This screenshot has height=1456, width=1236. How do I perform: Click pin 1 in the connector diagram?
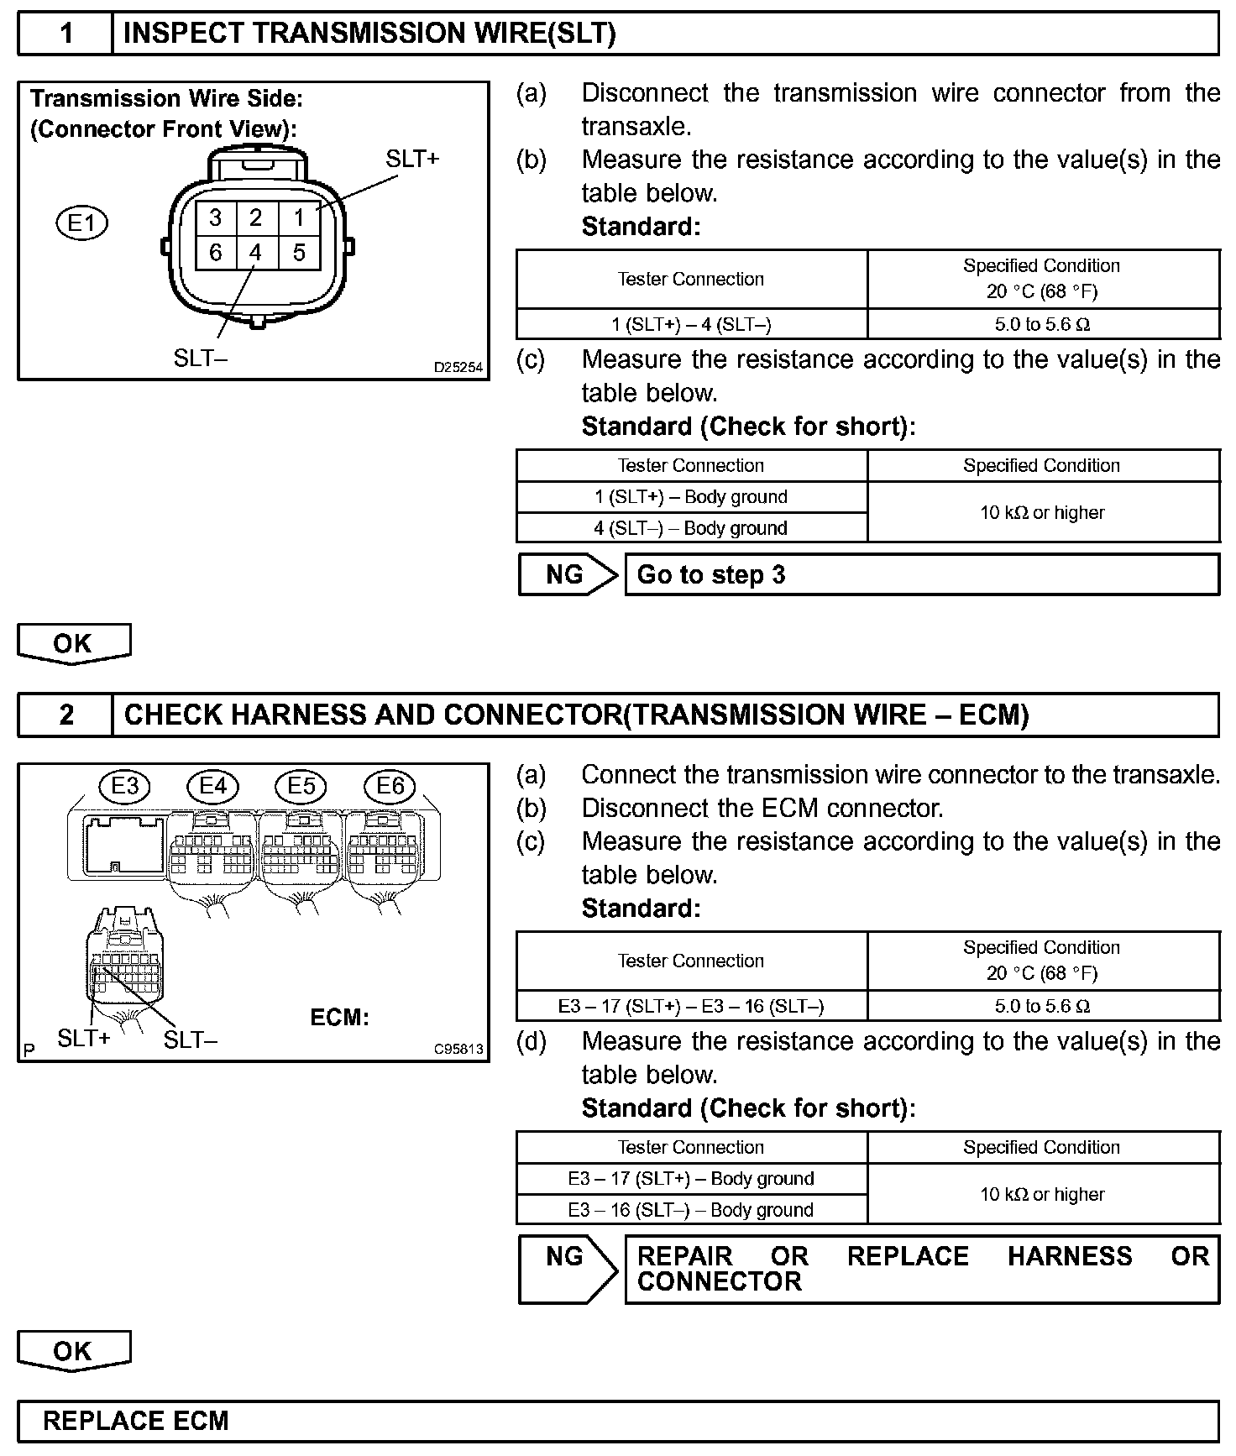coord(299,218)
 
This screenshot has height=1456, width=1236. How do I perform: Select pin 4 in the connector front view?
coord(256,253)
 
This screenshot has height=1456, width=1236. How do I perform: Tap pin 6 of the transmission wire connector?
coord(216,253)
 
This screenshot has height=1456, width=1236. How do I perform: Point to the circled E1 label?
coord(82,223)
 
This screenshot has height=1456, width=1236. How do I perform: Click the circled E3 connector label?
coord(124,786)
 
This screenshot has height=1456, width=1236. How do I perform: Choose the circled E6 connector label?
coord(390,786)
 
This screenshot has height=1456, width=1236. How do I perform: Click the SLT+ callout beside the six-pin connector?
coord(412,159)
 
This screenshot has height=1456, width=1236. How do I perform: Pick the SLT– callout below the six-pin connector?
coord(201,359)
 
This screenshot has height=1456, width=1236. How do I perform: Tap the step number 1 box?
coord(65,34)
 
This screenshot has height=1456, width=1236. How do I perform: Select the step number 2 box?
coord(65,715)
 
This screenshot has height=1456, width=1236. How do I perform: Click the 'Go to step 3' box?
coord(921,575)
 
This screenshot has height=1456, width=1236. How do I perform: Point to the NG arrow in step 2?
coord(567,1268)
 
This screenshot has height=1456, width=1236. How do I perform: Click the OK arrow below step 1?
coord(74,644)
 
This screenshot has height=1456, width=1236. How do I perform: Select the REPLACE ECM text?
coord(136,1421)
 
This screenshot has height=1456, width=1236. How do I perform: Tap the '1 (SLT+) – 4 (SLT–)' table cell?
coord(691,325)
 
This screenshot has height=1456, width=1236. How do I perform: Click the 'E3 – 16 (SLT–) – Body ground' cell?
coord(691,1210)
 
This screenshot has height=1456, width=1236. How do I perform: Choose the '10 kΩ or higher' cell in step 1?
coord(1042,512)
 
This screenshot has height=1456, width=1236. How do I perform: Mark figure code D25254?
coord(458,368)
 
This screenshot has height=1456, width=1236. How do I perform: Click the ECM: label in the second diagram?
coord(339,1018)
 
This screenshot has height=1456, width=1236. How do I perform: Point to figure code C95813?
coord(458,1050)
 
